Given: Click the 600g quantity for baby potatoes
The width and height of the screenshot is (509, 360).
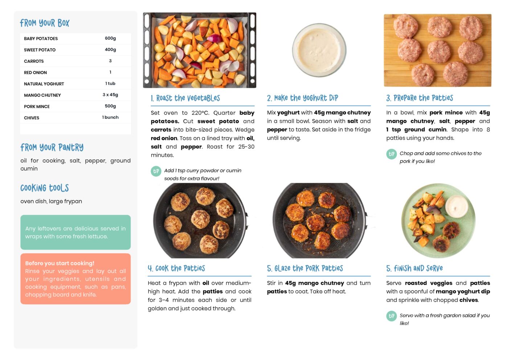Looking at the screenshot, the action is coord(110,38).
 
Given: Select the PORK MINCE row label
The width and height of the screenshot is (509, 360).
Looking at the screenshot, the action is coord(37,107).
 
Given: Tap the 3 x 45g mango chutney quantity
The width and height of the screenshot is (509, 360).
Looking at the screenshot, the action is coord(110,95).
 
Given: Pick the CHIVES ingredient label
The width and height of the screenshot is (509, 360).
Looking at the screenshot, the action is coord(32,118).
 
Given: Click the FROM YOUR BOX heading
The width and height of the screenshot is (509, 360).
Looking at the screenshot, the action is coord(45,23).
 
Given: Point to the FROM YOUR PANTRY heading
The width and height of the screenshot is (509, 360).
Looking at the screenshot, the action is coord(52,147).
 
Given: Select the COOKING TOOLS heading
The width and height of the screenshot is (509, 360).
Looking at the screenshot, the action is coord(45,188).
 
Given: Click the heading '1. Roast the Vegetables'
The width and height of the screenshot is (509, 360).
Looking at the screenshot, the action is coord(185,98).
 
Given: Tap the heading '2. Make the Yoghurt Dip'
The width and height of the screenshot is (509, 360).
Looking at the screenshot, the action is coord(303,98).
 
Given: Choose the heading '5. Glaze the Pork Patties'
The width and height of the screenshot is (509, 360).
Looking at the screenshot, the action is coord(305,269).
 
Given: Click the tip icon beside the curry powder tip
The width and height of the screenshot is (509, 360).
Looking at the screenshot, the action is coord(156,171).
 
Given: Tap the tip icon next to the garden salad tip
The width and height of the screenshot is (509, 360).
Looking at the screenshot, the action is coord(391,316).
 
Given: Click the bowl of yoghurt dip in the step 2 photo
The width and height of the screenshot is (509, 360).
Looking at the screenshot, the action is coord(319,50).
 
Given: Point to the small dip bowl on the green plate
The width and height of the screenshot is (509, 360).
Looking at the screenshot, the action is coord(457,206).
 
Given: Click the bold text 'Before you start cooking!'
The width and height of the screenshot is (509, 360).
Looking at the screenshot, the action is coord(60,263).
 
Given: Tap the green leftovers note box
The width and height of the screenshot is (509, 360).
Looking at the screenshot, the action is coord(76,232).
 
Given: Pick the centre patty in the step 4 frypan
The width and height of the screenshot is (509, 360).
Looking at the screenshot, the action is coord(200,219).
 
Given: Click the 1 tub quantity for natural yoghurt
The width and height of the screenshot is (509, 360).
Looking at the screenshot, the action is coord(110,83).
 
